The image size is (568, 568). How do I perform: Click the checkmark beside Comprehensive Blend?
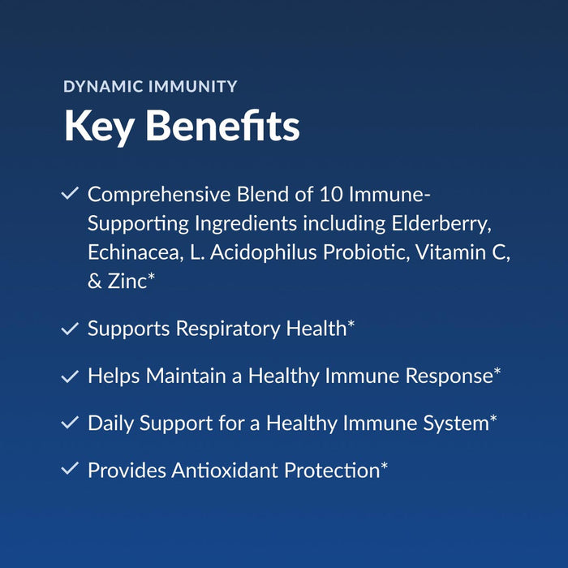[x=70, y=194]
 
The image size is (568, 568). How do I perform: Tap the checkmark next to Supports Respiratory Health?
[x=70, y=329]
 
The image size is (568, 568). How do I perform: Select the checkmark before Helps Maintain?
[x=70, y=376]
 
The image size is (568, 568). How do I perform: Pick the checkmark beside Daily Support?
[x=70, y=423]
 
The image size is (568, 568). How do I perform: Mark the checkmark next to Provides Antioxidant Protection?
[x=70, y=469]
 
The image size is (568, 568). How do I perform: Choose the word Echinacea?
[x=131, y=252]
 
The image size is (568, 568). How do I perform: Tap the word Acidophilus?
[x=263, y=252]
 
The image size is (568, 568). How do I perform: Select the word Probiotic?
[x=366, y=252]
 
